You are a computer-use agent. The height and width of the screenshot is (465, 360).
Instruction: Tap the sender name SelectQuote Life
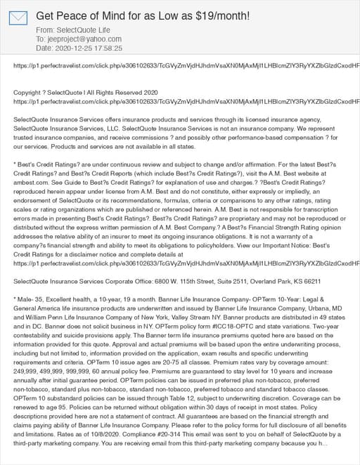pos(82,30)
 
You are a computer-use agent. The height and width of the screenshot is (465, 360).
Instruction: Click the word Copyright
pos(29,92)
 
